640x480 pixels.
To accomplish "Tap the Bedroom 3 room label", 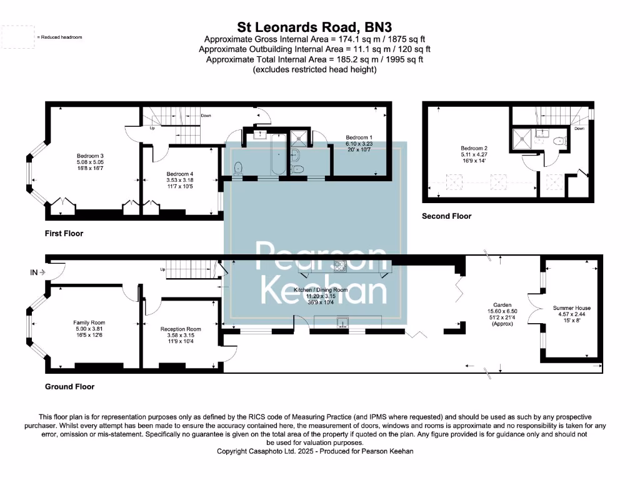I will (x=90, y=156).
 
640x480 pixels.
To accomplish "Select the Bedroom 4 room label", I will (x=180, y=174).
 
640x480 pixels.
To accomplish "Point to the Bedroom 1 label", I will (x=359, y=137).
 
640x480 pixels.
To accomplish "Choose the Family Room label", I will (x=89, y=322).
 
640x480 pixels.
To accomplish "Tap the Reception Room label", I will (x=181, y=329).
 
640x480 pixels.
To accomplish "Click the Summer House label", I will (x=571, y=308).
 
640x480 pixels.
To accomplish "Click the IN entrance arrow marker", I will (x=37, y=272).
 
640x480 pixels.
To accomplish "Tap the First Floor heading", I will (x=64, y=233).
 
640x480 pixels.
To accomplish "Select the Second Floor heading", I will (x=446, y=216).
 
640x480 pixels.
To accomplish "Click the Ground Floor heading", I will (x=69, y=387).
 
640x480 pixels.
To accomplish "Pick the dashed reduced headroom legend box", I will (x=17, y=37).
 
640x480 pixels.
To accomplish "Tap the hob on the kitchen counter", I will (x=340, y=267).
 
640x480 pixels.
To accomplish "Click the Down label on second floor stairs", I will (x=579, y=128).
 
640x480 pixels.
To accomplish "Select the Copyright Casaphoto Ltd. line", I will (x=315, y=451).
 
